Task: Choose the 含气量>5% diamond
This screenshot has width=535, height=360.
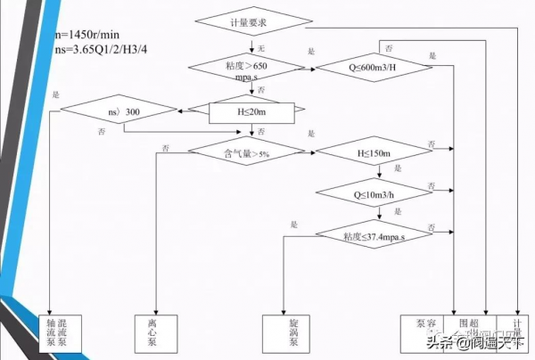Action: click(x=251, y=153)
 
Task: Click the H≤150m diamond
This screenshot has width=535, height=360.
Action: click(x=374, y=153)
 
